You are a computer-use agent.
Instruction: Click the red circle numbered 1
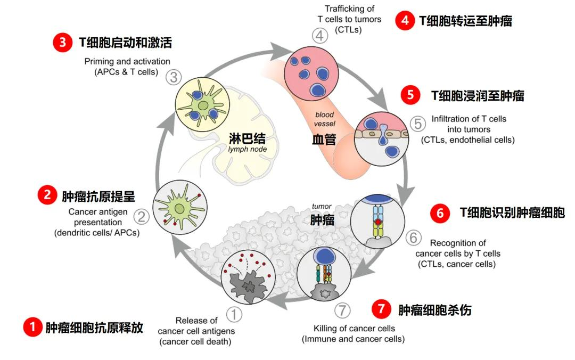(x=32, y=326)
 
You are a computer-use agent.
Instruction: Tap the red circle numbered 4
(x=405, y=20)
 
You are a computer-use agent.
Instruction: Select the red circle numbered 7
(x=381, y=309)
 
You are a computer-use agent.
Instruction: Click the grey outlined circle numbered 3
(x=174, y=77)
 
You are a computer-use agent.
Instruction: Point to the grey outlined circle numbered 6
(x=413, y=238)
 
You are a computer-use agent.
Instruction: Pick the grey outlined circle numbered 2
(x=141, y=217)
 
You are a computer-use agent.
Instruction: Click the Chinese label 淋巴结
(x=247, y=138)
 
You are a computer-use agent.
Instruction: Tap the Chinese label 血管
(x=324, y=140)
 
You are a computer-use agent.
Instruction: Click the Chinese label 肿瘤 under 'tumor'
(x=322, y=220)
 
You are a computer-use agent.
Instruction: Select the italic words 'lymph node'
(x=247, y=149)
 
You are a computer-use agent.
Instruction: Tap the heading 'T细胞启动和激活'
(x=126, y=43)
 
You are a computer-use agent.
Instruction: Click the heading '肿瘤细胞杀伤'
(x=434, y=310)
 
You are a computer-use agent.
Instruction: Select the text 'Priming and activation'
(x=127, y=61)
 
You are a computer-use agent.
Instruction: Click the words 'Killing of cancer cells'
(x=354, y=329)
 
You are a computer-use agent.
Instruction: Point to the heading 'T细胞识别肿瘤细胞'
(x=512, y=213)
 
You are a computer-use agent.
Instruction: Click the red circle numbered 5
(x=410, y=95)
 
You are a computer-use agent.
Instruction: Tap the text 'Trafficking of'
(x=349, y=9)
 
